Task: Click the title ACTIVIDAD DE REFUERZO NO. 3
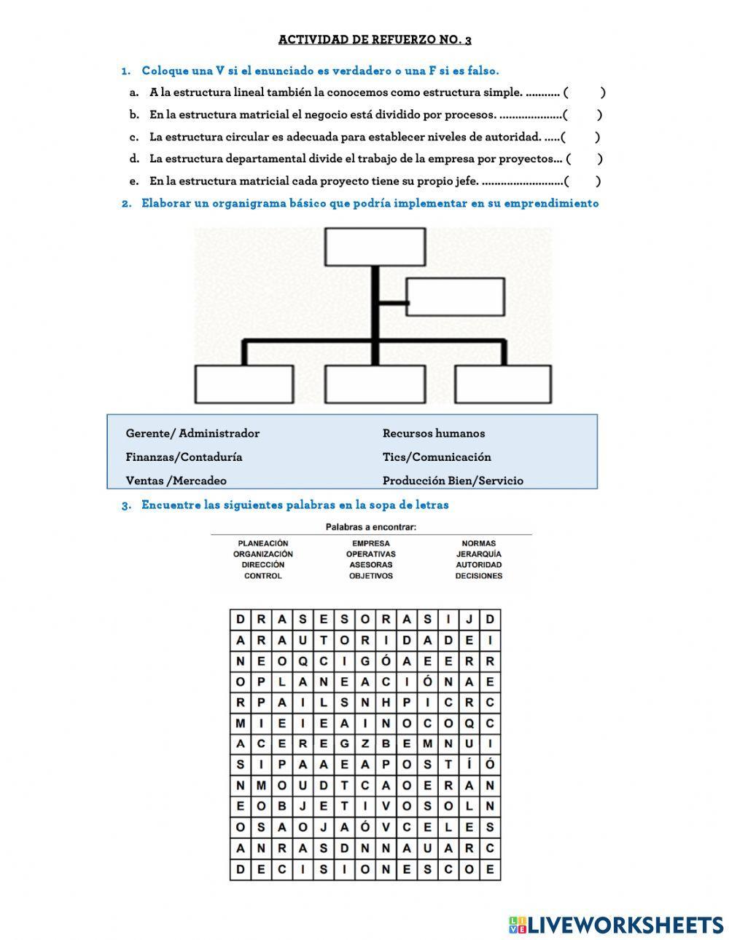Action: (375, 39)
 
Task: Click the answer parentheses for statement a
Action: (585, 92)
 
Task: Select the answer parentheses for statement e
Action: (583, 181)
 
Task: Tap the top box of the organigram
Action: (375, 247)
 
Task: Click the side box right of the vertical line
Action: (455, 297)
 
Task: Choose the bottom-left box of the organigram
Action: (245, 384)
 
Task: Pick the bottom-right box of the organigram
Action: (503, 384)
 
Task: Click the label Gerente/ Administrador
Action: (192, 433)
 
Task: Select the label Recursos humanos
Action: (434, 433)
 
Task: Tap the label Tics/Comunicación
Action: (437, 457)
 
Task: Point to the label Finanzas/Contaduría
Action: (184, 457)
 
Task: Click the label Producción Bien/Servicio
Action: (453, 481)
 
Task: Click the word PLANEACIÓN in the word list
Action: (263, 543)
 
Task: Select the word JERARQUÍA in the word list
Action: (479, 554)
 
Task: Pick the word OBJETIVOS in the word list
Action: (371, 576)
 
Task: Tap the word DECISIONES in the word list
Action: (479, 576)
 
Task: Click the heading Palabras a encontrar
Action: (371, 527)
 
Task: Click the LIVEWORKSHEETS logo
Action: (616, 925)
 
